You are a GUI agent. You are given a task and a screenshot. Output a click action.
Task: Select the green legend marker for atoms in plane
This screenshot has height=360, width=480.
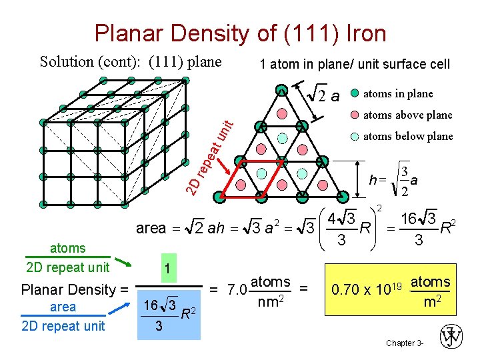(x=355, y=93)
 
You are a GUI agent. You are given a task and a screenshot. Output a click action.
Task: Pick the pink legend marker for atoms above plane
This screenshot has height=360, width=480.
(x=355, y=114)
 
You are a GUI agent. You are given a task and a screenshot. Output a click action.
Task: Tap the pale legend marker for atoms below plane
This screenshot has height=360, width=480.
(x=355, y=136)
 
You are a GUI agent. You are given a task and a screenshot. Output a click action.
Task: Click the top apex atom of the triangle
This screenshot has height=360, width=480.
(x=282, y=89)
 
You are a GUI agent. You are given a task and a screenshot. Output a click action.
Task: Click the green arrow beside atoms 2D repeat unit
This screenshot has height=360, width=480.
(x=121, y=264)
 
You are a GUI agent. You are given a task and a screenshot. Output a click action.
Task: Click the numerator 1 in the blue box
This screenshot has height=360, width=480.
(x=168, y=267)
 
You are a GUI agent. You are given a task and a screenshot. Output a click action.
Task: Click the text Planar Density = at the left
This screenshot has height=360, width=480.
(x=74, y=290)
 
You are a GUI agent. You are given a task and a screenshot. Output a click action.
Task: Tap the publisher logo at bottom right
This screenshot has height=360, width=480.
(x=451, y=337)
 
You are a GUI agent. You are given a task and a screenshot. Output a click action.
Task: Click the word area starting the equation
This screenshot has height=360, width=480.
(x=150, y=229)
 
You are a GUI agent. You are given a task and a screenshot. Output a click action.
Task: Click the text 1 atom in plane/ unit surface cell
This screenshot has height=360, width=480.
(x=355, y=65)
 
